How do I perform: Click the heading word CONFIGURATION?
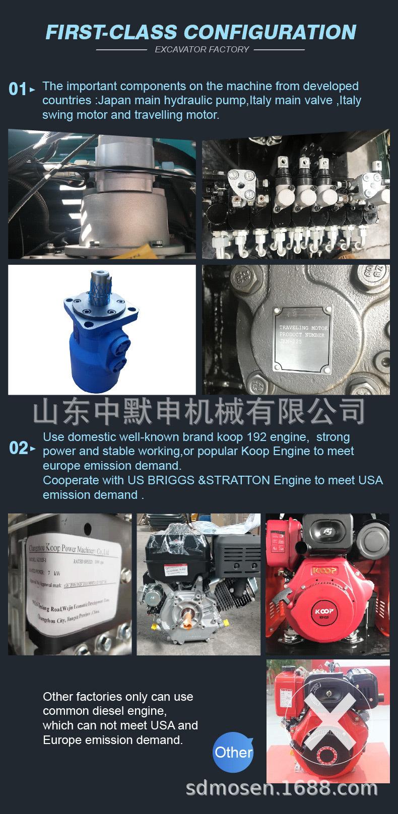(x=270, y=32)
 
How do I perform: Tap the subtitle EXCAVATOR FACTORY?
(x=202, y=49)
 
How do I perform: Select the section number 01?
(x=18, y=90)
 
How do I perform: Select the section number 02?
(x=19, y=448)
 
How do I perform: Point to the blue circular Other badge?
(x=233, y=753)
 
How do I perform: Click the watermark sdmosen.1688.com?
(x=282, y=789)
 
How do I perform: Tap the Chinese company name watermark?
(x=199, y=412)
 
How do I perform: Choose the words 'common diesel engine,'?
(x=104, y=711)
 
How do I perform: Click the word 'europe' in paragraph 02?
(x=60, y=466)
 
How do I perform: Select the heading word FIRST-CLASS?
(x=112, y=32)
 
